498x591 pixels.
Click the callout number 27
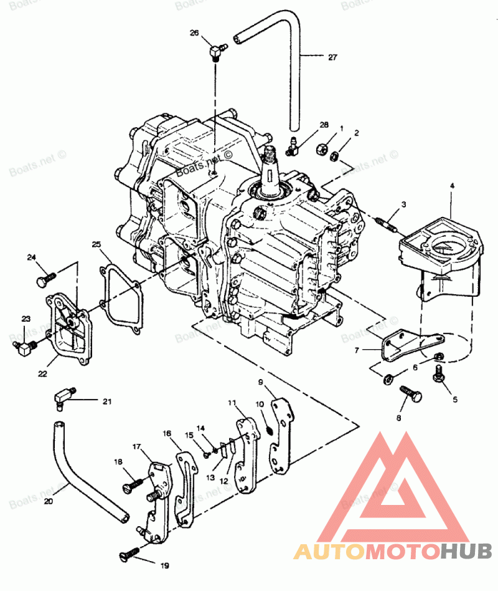pyautogui.click(x=332, y=57)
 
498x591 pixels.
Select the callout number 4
pyautogui.click(x=453, y=186)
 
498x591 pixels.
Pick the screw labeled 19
pyautogui.click(x=129, y=551)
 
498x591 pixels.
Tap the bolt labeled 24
pyautogui.click(x=45, y=277)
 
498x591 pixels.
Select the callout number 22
pyautogui.click(x=42, y=373)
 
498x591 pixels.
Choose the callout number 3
pyautogui.click(x=403, y=204)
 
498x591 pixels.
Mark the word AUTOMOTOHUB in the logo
pyautogui.click(x=392, y=551)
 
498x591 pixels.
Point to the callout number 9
pyautogui.click(x=261, y=382)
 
